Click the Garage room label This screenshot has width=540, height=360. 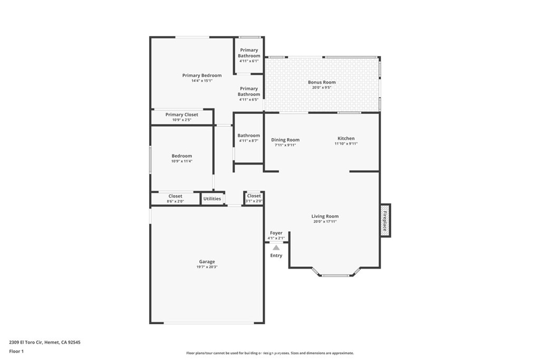[207, 262]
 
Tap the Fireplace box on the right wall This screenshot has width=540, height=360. [385, 220]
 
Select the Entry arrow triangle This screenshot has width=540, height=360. [276, 247]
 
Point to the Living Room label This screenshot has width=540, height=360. [325, 216]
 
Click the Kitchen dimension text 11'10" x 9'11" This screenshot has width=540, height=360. [346, 144]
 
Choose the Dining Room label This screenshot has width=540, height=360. [285, 140]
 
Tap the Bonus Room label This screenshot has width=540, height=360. [322, 82]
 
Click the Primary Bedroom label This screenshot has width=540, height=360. [202, 75]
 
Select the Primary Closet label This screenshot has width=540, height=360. [182, 114]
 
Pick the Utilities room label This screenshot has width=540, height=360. [212, 199]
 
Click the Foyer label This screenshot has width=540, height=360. [276, 233]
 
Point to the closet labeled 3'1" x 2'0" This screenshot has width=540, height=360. [254, 198]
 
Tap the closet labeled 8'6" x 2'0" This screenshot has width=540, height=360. [175, 198]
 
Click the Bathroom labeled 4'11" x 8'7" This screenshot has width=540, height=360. [248, 138]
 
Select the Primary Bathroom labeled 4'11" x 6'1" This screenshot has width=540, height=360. [249, 55]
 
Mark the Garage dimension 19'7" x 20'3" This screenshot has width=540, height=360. [207, 267]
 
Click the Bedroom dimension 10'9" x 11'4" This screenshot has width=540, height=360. [182, 161]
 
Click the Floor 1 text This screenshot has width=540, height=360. [16, 351]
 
